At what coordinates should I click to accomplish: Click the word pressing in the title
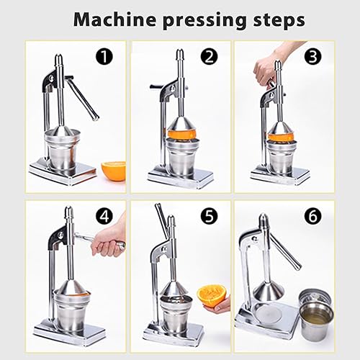tap(196, 20)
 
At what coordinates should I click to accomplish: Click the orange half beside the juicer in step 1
tap(113, 171)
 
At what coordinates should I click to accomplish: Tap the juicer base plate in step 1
tap(63, 171)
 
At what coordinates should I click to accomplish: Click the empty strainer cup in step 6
tap(314, 297)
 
